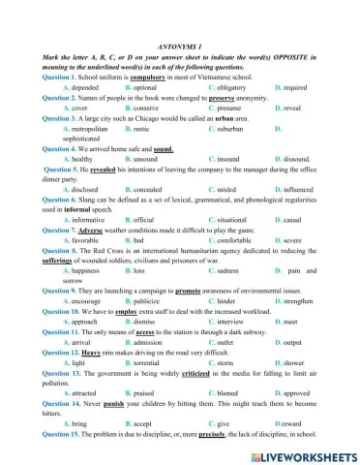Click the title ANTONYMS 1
[x=179, y=46]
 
